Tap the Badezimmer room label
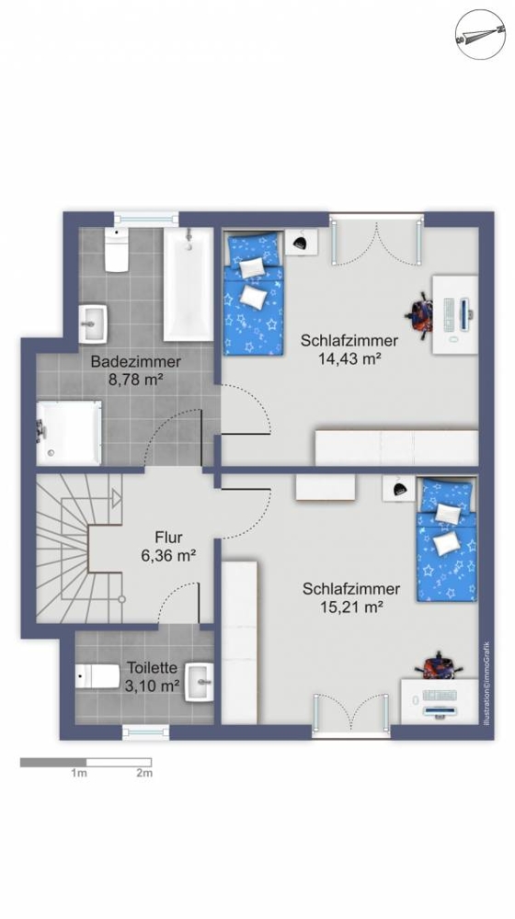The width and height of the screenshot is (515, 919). click(x=135, y=361)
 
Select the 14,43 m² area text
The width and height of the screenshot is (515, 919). click(x=349, y=358)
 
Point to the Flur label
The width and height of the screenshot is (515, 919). click(x=168, y=537)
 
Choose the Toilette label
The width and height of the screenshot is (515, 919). click(x=153, y=667)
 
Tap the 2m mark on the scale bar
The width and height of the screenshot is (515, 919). click(x=145, y=773)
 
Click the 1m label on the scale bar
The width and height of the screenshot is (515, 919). click(x=79, y=773)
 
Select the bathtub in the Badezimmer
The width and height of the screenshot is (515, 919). click(x=188, y=284)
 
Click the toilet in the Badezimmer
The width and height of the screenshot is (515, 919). click(x=117, y=248)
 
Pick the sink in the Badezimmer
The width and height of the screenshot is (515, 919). click(x=94, y=323)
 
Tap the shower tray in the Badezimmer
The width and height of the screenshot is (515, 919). click(x=69, y=433)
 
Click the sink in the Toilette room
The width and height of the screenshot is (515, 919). click(x=200, y=682)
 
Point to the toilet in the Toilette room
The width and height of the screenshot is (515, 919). click(x=98, y=676)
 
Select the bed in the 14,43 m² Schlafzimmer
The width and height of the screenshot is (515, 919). click(x=253, y=293)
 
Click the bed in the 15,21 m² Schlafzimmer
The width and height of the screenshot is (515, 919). click(x=446, y=539)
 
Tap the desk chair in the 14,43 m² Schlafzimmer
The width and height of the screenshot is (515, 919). click(x=420, y=313)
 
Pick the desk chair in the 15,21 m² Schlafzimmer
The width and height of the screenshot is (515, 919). click(x=441, y=664)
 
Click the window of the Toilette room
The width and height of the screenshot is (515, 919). click(x=145, y=732)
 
